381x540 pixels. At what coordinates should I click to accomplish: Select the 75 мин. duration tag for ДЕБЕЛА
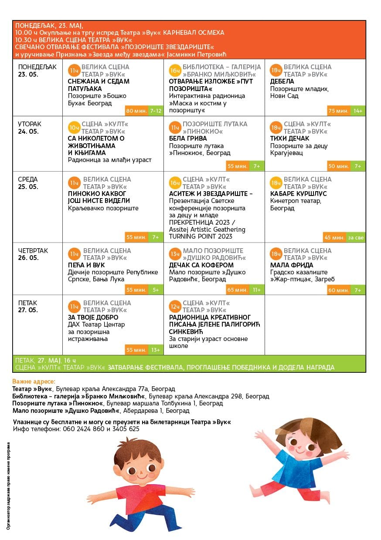coord(338,111)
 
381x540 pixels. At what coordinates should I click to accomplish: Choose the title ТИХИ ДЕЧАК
coord(289,138)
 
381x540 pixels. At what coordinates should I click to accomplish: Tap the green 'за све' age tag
coord(356,238)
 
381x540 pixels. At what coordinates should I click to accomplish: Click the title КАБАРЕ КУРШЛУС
coord(299,193)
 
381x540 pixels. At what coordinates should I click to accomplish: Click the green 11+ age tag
coord(256,290)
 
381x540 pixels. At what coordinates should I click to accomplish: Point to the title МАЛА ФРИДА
coord(292,265)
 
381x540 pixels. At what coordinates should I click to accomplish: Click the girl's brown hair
coord(296,429)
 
